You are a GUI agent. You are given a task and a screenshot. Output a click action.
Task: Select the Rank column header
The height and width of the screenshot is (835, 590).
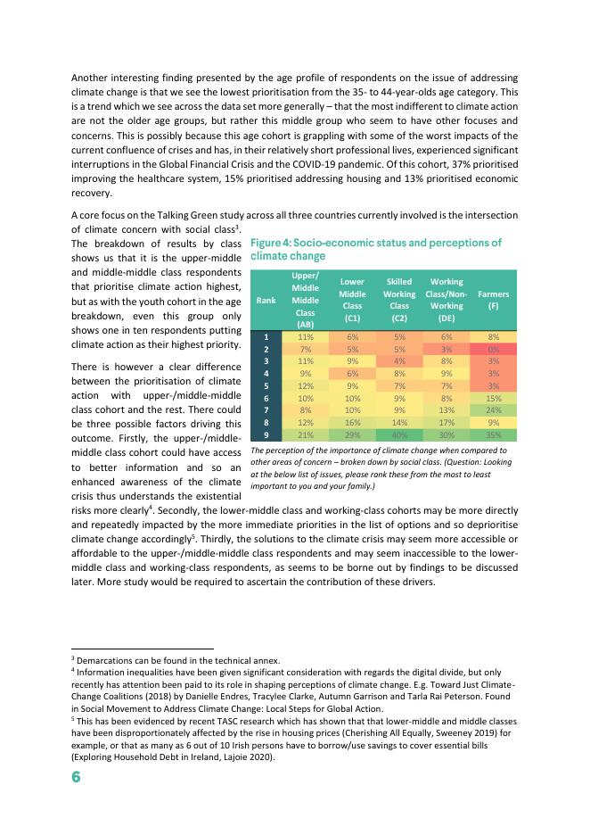[266, 300]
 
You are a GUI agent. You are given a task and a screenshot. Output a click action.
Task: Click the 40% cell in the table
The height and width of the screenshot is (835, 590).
[399, 434]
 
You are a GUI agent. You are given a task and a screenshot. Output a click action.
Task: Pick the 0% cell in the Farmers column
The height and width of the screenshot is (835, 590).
[493, 350]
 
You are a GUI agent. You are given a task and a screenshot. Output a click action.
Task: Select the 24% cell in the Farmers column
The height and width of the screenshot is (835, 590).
[493, 410]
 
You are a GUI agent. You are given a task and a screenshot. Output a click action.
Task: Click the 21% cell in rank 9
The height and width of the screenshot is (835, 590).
[306, 434]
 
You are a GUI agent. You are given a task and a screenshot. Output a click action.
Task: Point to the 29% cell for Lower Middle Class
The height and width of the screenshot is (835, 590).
[353, 434]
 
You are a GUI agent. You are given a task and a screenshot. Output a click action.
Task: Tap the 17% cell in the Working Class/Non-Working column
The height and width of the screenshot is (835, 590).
[447, 422]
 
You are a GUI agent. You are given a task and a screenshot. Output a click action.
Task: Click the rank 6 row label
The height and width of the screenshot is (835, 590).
[266, 398]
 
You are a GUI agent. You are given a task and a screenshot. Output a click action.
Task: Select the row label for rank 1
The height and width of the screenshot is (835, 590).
[266, 337]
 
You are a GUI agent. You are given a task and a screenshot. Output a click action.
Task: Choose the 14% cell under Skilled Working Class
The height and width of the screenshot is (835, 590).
[399, 422]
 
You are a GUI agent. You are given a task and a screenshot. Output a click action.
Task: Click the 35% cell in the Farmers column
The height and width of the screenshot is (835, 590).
[493, 434]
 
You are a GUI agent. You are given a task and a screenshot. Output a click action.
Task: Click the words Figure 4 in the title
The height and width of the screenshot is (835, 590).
[275, 243]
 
